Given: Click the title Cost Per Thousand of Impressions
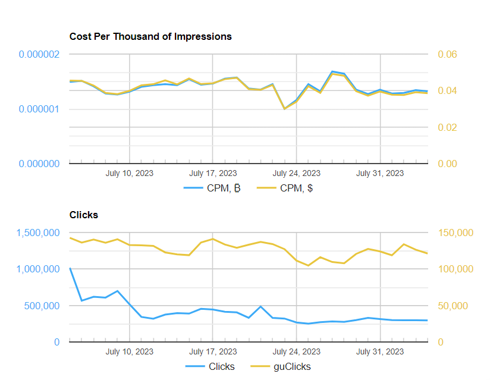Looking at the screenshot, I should (150, 36).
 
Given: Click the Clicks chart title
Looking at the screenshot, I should (83, 215).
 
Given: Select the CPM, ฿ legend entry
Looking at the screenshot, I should (213, 189).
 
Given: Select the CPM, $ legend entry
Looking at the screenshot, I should (285, 189).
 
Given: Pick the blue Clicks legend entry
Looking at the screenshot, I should (211, 366).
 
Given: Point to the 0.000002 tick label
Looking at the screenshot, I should (39, 55).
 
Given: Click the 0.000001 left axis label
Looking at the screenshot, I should (39, 109).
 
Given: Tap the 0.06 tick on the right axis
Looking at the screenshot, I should (447, 55).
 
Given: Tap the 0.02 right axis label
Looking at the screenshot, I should (447, 127).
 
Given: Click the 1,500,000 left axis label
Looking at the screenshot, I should (39, 233).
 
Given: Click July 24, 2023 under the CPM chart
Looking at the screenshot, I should (297, 173).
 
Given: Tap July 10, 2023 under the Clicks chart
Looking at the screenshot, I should (130, 351).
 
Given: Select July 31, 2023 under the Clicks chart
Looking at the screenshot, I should (380, 351).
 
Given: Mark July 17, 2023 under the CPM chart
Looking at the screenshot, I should (213, 173).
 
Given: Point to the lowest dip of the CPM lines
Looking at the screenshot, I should (285, 108).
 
